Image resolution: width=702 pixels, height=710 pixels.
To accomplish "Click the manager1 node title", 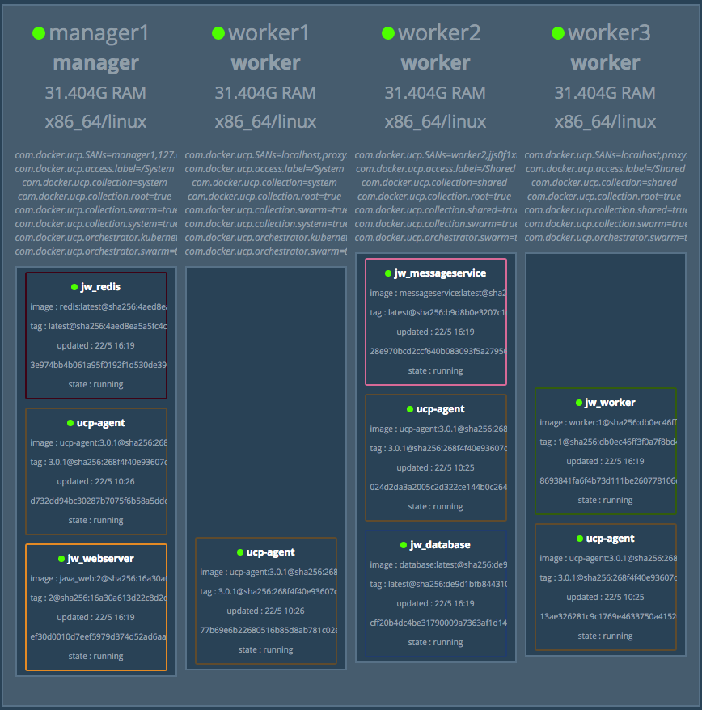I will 99,33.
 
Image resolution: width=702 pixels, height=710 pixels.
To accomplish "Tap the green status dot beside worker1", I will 218,33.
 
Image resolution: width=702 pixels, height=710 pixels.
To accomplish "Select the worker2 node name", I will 439,33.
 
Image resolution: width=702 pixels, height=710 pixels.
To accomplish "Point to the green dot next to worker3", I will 558,33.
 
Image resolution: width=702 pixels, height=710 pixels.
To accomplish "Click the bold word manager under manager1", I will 95,63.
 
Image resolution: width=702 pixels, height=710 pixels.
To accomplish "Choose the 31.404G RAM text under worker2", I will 435,93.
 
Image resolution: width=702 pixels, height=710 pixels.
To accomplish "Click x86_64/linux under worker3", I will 605,123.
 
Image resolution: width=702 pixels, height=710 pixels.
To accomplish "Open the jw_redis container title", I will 101,287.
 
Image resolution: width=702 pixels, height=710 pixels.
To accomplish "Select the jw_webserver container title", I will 101,559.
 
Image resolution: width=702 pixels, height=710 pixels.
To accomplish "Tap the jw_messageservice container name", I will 440,273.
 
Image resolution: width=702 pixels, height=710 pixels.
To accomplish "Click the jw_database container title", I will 440,545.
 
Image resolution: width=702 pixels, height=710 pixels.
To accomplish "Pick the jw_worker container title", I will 610,403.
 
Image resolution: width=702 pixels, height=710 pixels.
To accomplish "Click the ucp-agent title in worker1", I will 271,552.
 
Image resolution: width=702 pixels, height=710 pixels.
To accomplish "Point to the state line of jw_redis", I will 95,384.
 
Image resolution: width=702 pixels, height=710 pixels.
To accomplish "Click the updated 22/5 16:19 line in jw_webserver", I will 95,617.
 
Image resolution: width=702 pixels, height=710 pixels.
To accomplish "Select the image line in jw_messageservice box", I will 437,293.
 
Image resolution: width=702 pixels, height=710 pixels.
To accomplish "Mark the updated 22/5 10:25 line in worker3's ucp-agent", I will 605,597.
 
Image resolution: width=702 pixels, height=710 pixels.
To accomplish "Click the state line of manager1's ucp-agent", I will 95,520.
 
